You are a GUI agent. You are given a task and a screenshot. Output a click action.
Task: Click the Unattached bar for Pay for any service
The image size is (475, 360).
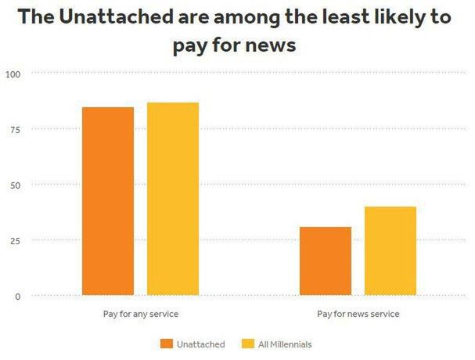(x=108, y=201)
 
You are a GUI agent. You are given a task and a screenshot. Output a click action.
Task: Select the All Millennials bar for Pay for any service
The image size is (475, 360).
(x=173, y=199)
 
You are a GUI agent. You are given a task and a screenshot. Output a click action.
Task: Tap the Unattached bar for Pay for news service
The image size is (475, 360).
(x=325, y=261)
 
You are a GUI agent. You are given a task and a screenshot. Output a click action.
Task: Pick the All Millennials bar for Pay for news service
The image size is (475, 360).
(x=390, y=250)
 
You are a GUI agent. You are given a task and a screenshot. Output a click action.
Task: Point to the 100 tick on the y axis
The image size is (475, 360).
(x=13, y=74)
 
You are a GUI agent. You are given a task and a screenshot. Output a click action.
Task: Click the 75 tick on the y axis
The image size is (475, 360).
(x=16, y=129)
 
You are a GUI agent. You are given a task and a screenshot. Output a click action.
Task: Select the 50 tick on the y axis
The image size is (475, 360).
(x=16, y=185)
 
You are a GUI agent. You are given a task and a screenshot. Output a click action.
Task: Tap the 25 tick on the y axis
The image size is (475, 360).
(x=16, y=240)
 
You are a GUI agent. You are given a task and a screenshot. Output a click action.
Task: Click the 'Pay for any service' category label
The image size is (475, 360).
(x=141, y=314)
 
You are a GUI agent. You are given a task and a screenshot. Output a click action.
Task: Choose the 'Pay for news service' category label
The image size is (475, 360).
(x=358, y=314)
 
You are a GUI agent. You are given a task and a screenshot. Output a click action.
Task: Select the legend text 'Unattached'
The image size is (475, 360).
(x=200, y=344)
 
